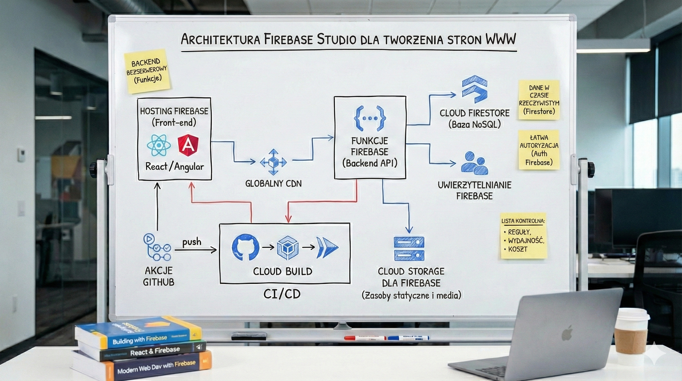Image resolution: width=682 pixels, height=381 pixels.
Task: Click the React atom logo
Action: (159, 145)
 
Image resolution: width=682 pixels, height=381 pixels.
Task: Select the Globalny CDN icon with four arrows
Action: (273, 162)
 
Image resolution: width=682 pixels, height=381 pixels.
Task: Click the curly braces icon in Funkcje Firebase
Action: (369, 118)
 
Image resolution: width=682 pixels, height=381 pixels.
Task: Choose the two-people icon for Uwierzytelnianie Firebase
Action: (474, 163)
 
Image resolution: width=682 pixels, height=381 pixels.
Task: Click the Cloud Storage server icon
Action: (409, 249)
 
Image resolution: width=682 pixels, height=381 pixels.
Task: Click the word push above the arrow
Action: (192, 242)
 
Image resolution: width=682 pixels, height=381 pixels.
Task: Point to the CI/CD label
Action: (282, 294)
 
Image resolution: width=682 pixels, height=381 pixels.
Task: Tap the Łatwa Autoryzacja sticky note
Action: (539, 150)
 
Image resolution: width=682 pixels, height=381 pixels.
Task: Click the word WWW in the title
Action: (501, 40)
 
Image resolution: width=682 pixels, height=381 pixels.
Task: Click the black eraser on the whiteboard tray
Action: (249, 336)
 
